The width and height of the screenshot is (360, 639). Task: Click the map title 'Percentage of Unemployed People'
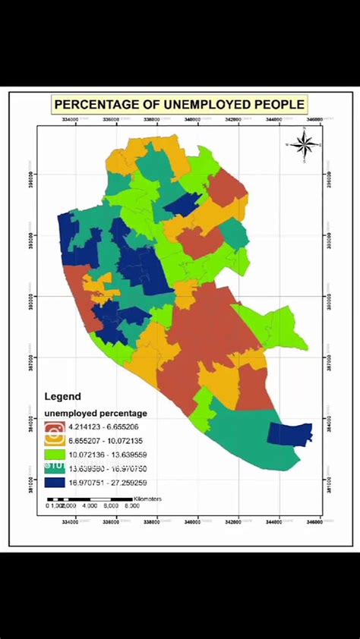(x=179, y=104)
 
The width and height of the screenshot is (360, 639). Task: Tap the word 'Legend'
(x=62, y=396)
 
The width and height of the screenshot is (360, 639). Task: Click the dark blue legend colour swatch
(x=55, y=481)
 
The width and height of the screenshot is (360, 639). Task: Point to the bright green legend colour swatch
(x=55, y=454)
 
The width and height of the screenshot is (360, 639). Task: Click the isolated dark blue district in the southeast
(x=291, y=433)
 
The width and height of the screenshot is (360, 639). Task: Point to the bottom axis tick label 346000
(x=314, y=521)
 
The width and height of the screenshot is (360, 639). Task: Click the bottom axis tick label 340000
(x=198, y=521)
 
